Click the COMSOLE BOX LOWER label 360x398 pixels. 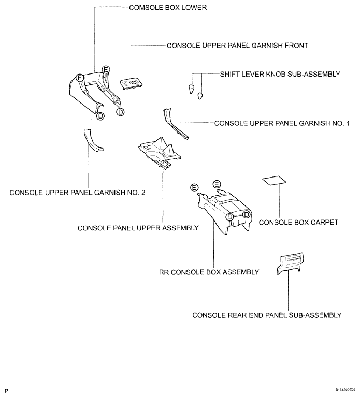click(x=168, y=8)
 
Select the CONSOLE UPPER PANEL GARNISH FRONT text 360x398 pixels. click(x=237, y=46)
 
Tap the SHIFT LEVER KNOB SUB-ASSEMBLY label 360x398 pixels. click(x=280, y=74)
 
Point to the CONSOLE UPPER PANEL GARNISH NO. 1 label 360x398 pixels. click(x=282, y=123)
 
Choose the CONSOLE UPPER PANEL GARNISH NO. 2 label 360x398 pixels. click(x=78, y=193)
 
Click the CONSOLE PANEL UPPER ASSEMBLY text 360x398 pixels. click(x=138, y=228)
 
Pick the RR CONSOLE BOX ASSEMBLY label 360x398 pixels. click(x=209, y=272)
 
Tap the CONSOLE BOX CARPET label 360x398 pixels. click(x=298, y=223)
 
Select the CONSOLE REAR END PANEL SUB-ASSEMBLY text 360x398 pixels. click(x=267, y=315)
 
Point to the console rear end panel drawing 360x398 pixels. click(x=290, y=263)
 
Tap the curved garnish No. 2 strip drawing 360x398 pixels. click(x=92, y=141)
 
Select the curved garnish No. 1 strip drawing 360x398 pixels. click(x=174, y=125)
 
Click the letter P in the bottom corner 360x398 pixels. click(x=7, y=391)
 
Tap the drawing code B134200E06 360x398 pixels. click(x=345, y=390)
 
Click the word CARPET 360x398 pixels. click(x=323, y=223)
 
